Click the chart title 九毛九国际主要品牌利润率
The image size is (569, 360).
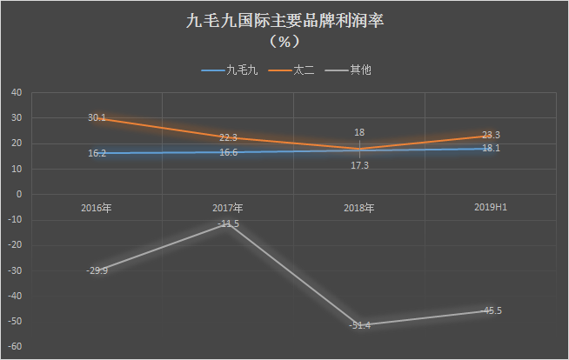click(x=284, y=21)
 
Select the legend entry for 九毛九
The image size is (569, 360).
click(x=230, y=70)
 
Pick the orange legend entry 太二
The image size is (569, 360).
click(x=291, y=70)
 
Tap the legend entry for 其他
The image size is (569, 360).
click(x=348, y=70)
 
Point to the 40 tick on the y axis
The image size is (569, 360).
click(x=17, y=92)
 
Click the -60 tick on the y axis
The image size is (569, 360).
click(x=15, y=347)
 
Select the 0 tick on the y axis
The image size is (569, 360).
click(x=19, y=194)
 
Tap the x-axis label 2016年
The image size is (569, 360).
click(x=97, y=208)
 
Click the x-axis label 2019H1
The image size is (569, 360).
click(x=491, y=207)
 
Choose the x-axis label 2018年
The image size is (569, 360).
click(x=359, y=208)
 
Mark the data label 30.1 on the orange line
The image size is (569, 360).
click(x=97, y=117)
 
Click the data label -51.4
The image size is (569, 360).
click(x=359, y=325)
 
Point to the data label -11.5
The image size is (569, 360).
click(x=228, y=223)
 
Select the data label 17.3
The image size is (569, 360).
click(x=359, y=165)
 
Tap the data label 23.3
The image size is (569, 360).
click(x=491, y=135)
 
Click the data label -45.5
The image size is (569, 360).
click(x=491, y=310)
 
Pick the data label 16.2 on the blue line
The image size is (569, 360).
click(x=97, y=153)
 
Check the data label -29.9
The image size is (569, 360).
click(x=97, y=270)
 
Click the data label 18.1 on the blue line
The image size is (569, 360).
click(x=491, y=148)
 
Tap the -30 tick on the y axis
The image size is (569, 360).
click(x=15, y=270)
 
